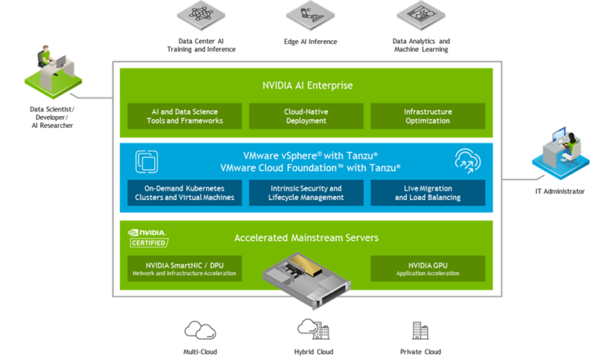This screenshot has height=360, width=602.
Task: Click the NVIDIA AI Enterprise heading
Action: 306,85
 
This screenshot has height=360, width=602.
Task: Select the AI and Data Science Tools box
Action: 185,116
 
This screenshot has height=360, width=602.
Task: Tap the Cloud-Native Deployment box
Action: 306,116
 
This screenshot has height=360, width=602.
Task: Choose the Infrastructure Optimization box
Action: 427,116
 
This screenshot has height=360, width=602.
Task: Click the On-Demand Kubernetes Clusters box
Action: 185,193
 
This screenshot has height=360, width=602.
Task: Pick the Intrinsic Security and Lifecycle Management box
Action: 306,193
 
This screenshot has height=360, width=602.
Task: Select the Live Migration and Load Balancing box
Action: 427,193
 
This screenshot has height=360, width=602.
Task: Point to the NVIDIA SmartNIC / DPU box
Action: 185,269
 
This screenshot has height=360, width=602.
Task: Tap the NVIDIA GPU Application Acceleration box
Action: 427,269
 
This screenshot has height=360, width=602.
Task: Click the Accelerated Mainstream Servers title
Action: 306,238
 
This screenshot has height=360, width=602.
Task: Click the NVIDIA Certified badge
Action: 148,238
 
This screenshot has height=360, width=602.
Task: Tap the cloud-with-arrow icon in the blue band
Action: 467,161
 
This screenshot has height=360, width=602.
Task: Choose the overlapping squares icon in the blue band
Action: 147,161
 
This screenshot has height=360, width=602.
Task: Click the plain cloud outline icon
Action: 200,330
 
